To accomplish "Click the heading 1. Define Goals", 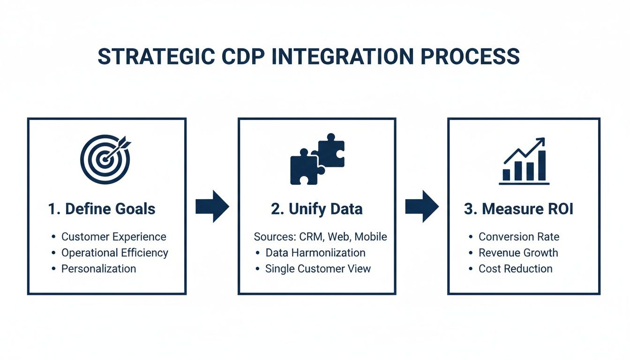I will point(102,209).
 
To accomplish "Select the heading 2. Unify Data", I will point(317,209).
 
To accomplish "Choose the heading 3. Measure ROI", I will point(518,209).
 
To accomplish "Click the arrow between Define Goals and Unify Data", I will point(212,206).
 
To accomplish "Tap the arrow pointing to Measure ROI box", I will point(422,206).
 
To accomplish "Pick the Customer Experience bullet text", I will point(113,237).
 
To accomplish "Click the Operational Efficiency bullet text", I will point(114,253).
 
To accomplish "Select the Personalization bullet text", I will point(98,269).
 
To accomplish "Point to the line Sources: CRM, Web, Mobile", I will point(320,237).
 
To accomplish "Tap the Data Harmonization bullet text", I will point(315,253).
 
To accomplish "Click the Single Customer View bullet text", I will point(318,269).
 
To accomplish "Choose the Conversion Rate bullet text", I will point(518,237).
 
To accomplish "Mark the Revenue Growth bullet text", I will point(518,253).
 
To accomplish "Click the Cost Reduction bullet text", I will point(515,269).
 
